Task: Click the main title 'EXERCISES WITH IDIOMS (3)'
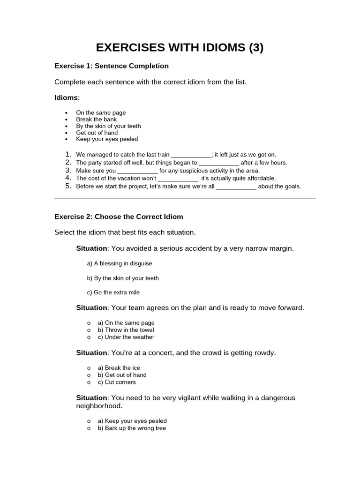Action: tap(180, 47)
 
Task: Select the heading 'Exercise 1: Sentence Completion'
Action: tap(112, 66)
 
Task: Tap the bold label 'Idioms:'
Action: tap(67, 97)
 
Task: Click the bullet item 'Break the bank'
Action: tap(96, 120)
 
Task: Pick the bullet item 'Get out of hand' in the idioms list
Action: tap(97, 133)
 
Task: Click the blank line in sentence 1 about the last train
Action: tap(191, 155)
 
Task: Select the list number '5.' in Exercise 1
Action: tap(68, 186)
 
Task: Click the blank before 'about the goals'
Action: tap(236, 187)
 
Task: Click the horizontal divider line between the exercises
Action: tap(185, 198)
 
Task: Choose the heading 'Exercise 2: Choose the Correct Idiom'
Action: tap(119, 217)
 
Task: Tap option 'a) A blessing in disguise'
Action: tap(120, 263)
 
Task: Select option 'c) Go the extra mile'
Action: tap(113, 292)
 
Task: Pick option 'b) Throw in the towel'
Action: tap(126, 330)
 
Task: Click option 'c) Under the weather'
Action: tap(126, 337)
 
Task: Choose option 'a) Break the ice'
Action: tap(119, 368)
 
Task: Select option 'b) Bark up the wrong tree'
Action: tap(131, 428)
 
